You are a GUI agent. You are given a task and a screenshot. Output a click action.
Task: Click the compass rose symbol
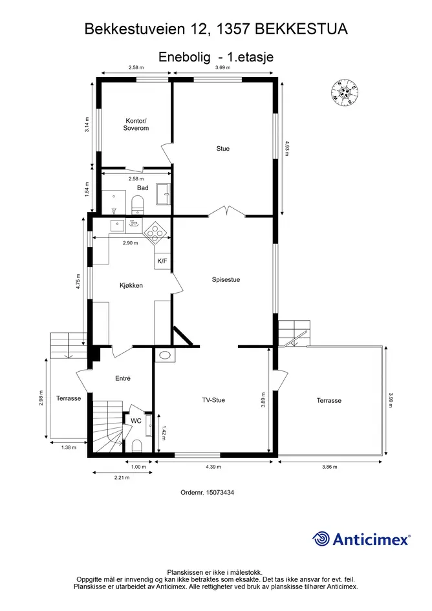(x=344, y=92)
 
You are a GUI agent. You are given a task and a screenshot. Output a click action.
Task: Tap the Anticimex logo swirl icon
(x=321, y=539)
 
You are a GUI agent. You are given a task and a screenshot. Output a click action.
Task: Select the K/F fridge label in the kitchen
(x=162, y=261)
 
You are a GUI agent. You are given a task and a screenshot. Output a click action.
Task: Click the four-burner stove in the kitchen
(x=155, y=233)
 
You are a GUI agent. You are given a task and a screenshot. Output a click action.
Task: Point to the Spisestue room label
(x=226, y=279)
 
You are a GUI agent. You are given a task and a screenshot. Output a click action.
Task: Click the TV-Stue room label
(x=213, y=400)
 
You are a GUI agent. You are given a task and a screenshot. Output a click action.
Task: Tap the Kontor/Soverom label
(x=136, y=124)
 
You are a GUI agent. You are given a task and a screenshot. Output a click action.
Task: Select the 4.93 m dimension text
(x=286, y=148)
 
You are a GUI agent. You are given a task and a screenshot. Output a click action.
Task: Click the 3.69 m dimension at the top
(x=223, y=67)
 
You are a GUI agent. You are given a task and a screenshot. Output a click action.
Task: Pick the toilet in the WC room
(x=137, y=445)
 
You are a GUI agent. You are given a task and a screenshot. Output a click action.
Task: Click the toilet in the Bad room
(x=137, y=204)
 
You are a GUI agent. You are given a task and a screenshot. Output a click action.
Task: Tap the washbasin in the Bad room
(x=164, y=194)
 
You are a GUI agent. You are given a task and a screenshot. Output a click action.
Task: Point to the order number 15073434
(x=207, y=492)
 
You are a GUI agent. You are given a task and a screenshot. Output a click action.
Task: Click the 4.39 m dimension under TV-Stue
(x=213, y=466)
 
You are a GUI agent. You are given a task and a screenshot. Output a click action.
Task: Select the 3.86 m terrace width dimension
(x=329, y=466)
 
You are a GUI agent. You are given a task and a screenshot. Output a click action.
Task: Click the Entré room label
(x=123, y=378)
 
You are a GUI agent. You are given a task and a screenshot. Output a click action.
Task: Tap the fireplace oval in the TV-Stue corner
(x=165, y=355)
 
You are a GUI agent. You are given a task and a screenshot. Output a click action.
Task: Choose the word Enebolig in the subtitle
(x=184, y=57)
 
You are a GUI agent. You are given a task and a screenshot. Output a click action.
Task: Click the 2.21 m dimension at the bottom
(x=122, y=477)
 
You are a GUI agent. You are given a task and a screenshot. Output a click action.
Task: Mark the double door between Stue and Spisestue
(x=226, y=211)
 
